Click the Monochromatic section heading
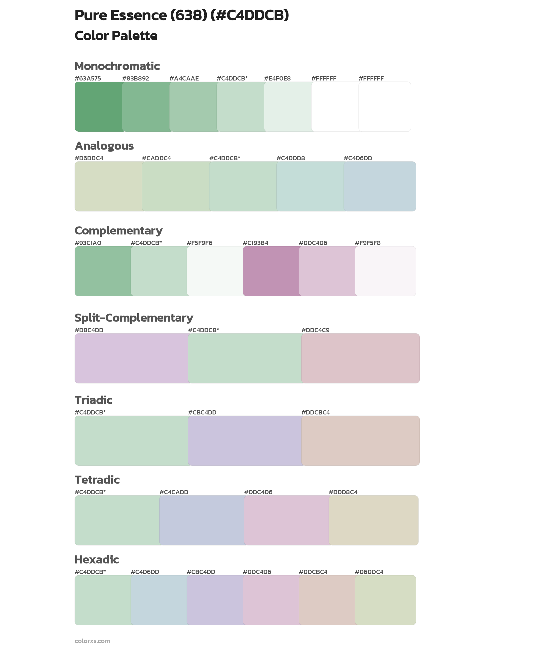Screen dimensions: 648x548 coord(117,66)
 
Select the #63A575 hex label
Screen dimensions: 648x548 coord(88,79)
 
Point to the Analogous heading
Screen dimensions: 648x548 coord(104,146)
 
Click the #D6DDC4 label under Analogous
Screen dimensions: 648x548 coord(89,158)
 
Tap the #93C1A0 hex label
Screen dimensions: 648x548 coord(88,243)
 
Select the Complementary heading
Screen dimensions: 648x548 coord(118,231)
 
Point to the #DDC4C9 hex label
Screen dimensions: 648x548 coord(315,330)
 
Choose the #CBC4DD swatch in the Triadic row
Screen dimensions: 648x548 coord(245,441)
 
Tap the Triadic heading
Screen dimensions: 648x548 coord(93,400)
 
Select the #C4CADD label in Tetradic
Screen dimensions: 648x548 coord(174,492)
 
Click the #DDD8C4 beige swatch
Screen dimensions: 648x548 coord(374,521)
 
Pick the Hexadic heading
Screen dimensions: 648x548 coord(97,560)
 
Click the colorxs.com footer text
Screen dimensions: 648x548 coord(92,641)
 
